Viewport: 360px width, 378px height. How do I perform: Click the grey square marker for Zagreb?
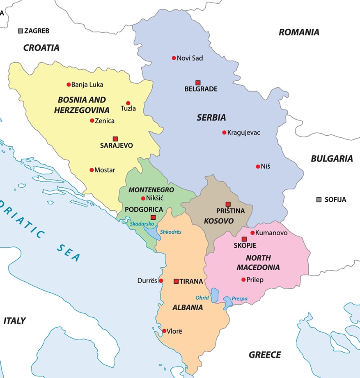pos(21,31)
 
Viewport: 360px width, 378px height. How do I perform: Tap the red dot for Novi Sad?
pos(174,58)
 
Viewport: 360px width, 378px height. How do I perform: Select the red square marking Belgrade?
pos(198,82)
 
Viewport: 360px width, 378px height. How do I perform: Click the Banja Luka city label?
pos(87,85)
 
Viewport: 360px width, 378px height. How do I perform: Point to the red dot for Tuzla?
pos(128,103)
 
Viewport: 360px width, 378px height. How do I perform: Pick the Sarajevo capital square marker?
pos(115,139)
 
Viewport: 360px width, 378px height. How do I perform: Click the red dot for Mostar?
pos(92,170)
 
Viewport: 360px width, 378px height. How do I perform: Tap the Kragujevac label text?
pos(243,132)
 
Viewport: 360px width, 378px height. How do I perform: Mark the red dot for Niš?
pos(257,166)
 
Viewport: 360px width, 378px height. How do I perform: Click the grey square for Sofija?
pos(319,200)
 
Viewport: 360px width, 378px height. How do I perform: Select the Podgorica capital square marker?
pos(153,217)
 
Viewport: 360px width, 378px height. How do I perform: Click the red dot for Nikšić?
pos(143,198)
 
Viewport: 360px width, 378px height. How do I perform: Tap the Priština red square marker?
pos(228,204)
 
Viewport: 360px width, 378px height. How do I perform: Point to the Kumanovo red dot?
pos(252,233)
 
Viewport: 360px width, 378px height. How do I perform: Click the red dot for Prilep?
pos(243,280)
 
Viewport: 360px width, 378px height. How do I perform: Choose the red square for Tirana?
pos(176,281)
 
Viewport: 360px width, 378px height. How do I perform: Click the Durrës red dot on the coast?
pos(161,281)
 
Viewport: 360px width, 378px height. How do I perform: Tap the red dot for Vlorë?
pos(164,331)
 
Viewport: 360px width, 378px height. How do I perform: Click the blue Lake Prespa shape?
pos(227,304)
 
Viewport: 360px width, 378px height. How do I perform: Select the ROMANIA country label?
pos(299,32)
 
